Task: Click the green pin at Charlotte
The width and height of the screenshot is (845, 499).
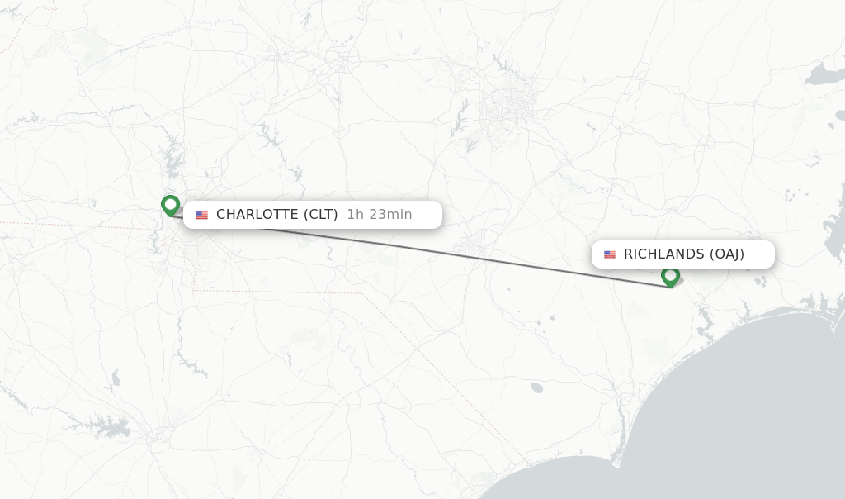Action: [170, 204]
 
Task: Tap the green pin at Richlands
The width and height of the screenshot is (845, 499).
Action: [670, 275]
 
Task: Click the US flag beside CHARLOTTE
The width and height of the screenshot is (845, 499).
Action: [201, 215]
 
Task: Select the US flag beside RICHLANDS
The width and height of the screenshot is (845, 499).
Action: [610, 254]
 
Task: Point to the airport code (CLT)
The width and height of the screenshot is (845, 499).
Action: [320, 215]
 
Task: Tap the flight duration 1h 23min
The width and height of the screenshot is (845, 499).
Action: [379, 215]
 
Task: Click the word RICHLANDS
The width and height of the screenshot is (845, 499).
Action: [663, 254]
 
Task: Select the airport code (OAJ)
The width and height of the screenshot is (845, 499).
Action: [726, 254]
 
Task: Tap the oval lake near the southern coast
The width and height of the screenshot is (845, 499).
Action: [537, 387]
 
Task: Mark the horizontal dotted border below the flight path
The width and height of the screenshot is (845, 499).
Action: [281, 291]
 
